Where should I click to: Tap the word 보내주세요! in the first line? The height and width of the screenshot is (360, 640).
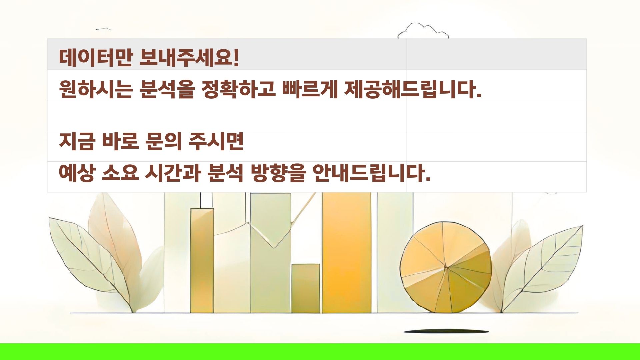point(189,58)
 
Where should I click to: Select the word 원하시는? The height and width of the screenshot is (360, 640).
point(96,89)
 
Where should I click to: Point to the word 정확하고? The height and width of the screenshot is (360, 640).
point(239,89)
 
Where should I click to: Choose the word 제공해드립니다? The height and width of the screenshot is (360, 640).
point(413,89)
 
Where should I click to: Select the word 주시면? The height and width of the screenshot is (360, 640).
point(216,141)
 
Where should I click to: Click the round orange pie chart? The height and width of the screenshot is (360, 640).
point(446,267)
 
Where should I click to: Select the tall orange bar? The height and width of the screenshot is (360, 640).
point(347,253)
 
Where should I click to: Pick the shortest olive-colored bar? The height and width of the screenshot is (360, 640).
point(306,288)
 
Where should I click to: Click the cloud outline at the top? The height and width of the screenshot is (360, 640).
point(423,30)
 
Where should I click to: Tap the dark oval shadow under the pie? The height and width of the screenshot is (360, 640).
point(446,332)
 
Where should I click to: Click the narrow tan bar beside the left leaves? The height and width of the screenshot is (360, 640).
point(202,261)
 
